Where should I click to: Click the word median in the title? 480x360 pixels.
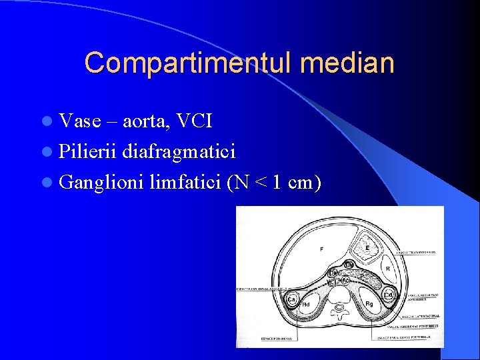coord(347,63)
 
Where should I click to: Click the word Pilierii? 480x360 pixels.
coord(87,153)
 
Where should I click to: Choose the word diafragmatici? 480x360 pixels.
coord(178,153)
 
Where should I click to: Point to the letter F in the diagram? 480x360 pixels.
coord(321,249)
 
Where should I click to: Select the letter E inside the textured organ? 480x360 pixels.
coord(367,248)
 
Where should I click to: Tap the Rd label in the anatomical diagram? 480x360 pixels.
coord(306,305)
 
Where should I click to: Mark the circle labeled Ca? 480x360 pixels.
coord(291,300)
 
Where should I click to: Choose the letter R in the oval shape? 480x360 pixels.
coord(387,269)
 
